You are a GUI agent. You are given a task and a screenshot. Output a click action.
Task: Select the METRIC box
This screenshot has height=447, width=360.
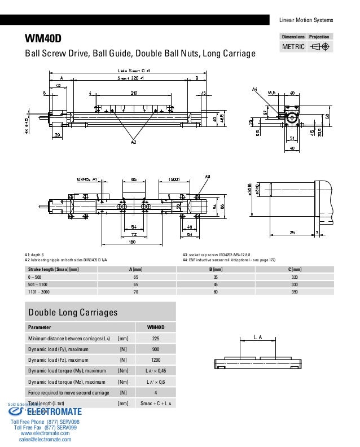coord(293,47)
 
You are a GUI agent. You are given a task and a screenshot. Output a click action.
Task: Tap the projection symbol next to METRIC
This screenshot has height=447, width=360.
coord(321,47)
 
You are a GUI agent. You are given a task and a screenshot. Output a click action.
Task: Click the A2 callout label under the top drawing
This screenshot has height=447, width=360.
coord(133,143)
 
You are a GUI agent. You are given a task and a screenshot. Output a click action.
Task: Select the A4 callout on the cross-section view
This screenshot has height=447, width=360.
coord(254,89)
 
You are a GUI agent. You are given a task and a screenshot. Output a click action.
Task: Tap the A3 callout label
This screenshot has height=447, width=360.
coord(207,177)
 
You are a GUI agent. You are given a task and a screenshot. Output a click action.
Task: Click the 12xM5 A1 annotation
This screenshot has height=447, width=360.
coord(87,179)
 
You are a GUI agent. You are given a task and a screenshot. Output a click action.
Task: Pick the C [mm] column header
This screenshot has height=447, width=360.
coord(294,270)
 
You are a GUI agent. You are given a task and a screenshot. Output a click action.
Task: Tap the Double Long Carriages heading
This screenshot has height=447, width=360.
coord(73,312)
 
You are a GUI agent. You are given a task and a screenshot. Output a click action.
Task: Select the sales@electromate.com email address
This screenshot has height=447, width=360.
coord(45,440)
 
